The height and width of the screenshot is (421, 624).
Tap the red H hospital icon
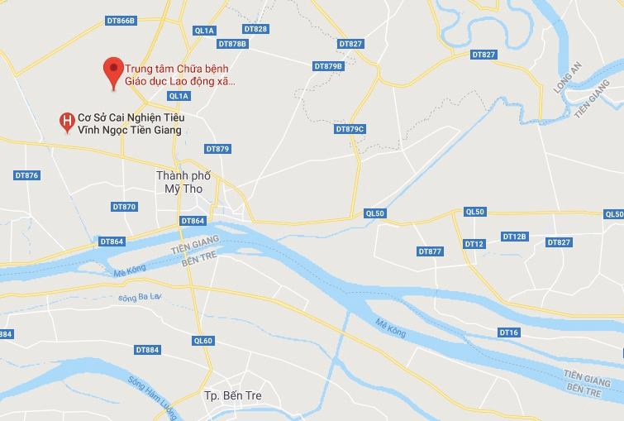pos(66,122)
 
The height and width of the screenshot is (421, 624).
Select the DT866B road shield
pos(121,21)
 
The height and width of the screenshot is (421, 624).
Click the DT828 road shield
pos(255,29)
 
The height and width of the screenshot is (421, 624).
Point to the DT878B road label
pos(232,43)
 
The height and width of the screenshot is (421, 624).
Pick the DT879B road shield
pos(328,66)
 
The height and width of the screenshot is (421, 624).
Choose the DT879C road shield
pos(350,129)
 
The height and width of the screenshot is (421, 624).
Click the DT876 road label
pos(27,175)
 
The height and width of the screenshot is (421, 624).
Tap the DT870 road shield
pos(124,207)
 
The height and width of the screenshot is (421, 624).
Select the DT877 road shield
pos(430,251)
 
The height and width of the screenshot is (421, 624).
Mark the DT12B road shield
pos(514,237)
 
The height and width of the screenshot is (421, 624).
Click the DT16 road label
pos(509,332)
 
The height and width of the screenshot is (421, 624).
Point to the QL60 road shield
pos(203,341)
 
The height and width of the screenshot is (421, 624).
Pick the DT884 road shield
pos(146,350)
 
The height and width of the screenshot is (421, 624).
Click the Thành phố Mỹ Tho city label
pos(183,182)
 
